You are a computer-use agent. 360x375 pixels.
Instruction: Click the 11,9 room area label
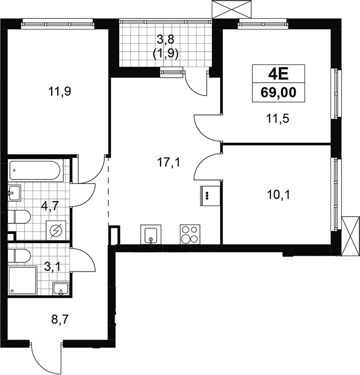tap(59, 91)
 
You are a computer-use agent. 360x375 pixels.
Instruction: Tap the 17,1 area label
tap(168, 163)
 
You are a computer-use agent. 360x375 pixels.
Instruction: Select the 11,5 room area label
tap(278, 118)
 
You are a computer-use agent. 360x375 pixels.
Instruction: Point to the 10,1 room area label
tap(278, 195)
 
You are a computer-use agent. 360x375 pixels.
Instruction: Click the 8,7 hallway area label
tap(60, 319)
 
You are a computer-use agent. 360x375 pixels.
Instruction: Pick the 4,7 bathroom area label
tap(50, 206)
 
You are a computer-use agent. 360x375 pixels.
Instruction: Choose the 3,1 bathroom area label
tap(52, 267)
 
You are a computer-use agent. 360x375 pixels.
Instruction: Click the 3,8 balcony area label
tap(166, 39)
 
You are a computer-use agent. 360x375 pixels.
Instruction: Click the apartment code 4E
tap(278, 74)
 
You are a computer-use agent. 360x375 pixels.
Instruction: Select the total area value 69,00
tap(278, 93)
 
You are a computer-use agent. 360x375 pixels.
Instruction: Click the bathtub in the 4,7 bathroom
tap(35, 171)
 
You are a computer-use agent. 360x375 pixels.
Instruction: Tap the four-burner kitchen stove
tap(190, 234)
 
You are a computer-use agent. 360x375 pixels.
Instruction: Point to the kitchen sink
tap(151, 234)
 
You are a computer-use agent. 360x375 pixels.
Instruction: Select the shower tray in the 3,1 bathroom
tap(23, 281)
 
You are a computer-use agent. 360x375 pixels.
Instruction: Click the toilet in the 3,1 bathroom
tap(19, 256)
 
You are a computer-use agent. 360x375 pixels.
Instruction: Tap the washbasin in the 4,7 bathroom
tap(14, 193)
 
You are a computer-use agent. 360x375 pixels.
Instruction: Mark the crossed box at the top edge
tap(232, 9)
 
